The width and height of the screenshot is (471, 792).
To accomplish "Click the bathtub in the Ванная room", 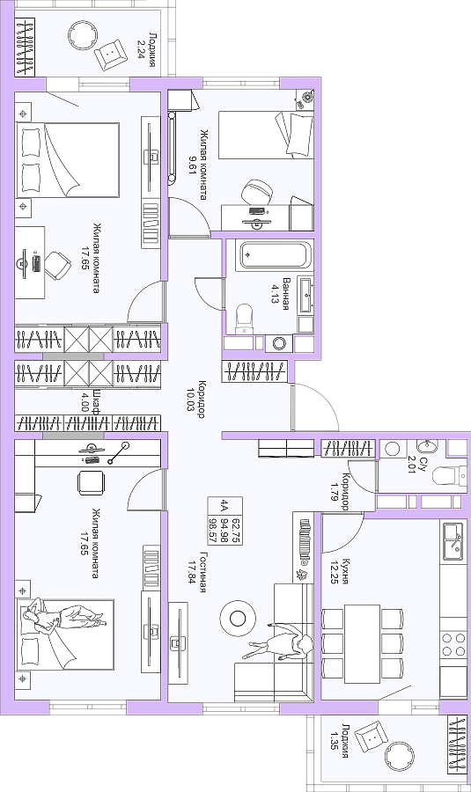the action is [x=275, y=255].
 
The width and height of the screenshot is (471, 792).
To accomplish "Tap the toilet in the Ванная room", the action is [x=244, y=319].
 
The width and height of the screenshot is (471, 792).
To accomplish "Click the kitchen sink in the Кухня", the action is [x=453, y=542].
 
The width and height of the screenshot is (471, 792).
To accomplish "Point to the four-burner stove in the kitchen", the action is [x=453, y=643].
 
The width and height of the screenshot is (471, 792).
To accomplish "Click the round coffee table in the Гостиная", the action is [x=238, y=618].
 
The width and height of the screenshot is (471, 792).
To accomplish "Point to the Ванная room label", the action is [x=286, y=293].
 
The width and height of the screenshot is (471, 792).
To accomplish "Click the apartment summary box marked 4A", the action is [x=225, y=521].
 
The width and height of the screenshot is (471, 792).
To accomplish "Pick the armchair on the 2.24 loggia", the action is [x=111, y=53].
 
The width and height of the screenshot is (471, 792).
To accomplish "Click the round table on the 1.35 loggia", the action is [x=401, y=759].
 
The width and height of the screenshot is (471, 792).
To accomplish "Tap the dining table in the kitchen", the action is [x=362, y=643].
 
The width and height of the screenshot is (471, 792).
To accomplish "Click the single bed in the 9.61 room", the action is [x=266, y=135].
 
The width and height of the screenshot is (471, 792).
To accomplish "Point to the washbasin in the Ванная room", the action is [x=305, y=295].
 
